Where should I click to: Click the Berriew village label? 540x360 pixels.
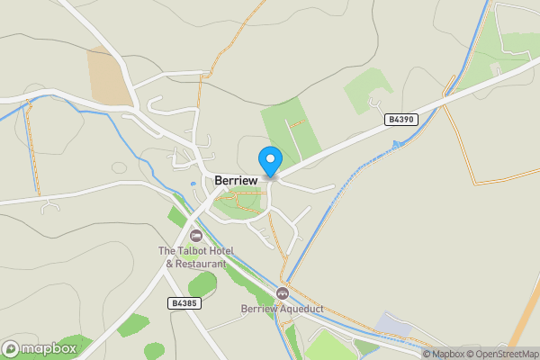point(236,180)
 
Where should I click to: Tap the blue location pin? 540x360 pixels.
point(269,160)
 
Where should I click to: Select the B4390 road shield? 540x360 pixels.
point(400,119)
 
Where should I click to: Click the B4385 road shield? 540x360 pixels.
point(184,304)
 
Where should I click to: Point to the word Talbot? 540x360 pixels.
point(190,251)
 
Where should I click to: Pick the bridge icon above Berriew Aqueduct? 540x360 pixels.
point(282,293)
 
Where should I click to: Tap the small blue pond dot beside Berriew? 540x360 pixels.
point(193,184)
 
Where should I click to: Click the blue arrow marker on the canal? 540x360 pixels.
point(395,145)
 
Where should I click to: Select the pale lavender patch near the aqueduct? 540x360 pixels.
point(393,323)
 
